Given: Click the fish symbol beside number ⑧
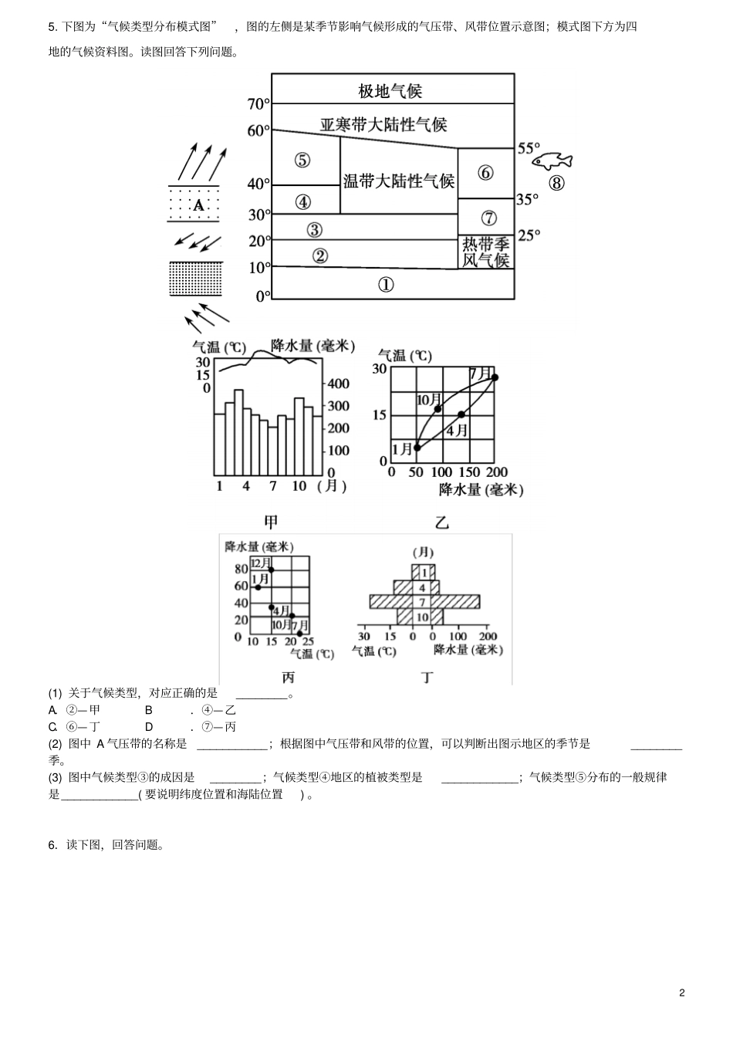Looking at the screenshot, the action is (x=552, y=161).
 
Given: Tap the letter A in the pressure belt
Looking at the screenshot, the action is (x=198, y=205).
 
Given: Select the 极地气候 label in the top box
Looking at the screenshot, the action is (x=390, y=91).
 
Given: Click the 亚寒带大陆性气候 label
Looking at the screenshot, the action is (x=383, y=124).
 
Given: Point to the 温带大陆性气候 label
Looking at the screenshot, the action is (x=399, y=181).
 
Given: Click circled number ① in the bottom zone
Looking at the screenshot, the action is (x=386, y=285).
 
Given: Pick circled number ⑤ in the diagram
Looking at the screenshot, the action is (x=302, y=161).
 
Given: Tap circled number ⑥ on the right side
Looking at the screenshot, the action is (x=485, y=173).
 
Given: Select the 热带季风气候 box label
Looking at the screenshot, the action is (x=486, y=252).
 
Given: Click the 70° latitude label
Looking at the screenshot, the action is (x=258, y=104).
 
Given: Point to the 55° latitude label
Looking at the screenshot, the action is (x=529, y=148).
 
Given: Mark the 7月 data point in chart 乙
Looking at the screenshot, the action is (x=495, y=377).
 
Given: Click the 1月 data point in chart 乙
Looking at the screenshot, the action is (x=417, y=447).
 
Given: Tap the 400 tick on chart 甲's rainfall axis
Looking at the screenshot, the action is (x=339, y=384).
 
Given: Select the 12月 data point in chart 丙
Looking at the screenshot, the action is (x=271, y=570).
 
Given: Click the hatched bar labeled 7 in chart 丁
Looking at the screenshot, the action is (x=424, y=601).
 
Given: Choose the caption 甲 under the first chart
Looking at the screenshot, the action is (x=271, y=522).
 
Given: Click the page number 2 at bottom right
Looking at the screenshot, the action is (x=682, y=992).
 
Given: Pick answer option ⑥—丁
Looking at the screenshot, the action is (x=83, y=726).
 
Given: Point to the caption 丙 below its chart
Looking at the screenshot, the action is (x=288, y=678).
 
